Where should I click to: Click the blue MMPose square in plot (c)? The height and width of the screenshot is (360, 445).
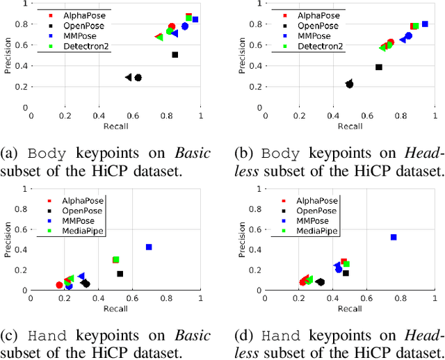point(149,247)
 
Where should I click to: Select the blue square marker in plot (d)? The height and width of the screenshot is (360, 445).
point(394,237)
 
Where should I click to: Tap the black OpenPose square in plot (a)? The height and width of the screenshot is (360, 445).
point(175,54)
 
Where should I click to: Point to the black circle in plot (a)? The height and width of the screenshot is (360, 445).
point(138,78)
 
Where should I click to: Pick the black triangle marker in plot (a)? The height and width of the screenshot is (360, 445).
point(129,77)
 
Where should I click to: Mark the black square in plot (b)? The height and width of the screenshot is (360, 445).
point(379,67)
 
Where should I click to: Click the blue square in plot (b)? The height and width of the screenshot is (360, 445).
point(425,24)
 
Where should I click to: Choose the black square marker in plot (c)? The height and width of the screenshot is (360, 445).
point(120,274)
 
